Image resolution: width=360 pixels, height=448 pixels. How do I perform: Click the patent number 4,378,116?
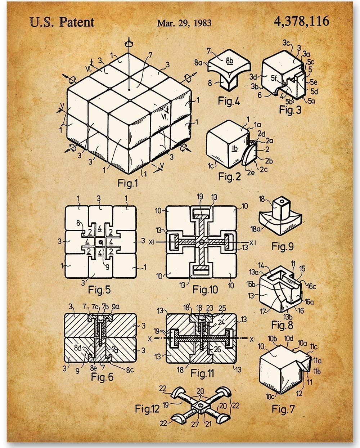click(301, 21)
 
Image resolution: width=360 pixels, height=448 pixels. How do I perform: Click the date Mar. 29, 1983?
click(184, 23)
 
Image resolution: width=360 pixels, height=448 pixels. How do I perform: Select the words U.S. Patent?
click(62, 22)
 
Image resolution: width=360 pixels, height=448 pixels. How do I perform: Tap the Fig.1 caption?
click(128, 183)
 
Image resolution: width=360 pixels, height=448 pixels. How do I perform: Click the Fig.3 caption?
click(290, 109)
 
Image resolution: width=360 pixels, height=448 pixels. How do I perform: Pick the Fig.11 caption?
click(202, 373)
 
